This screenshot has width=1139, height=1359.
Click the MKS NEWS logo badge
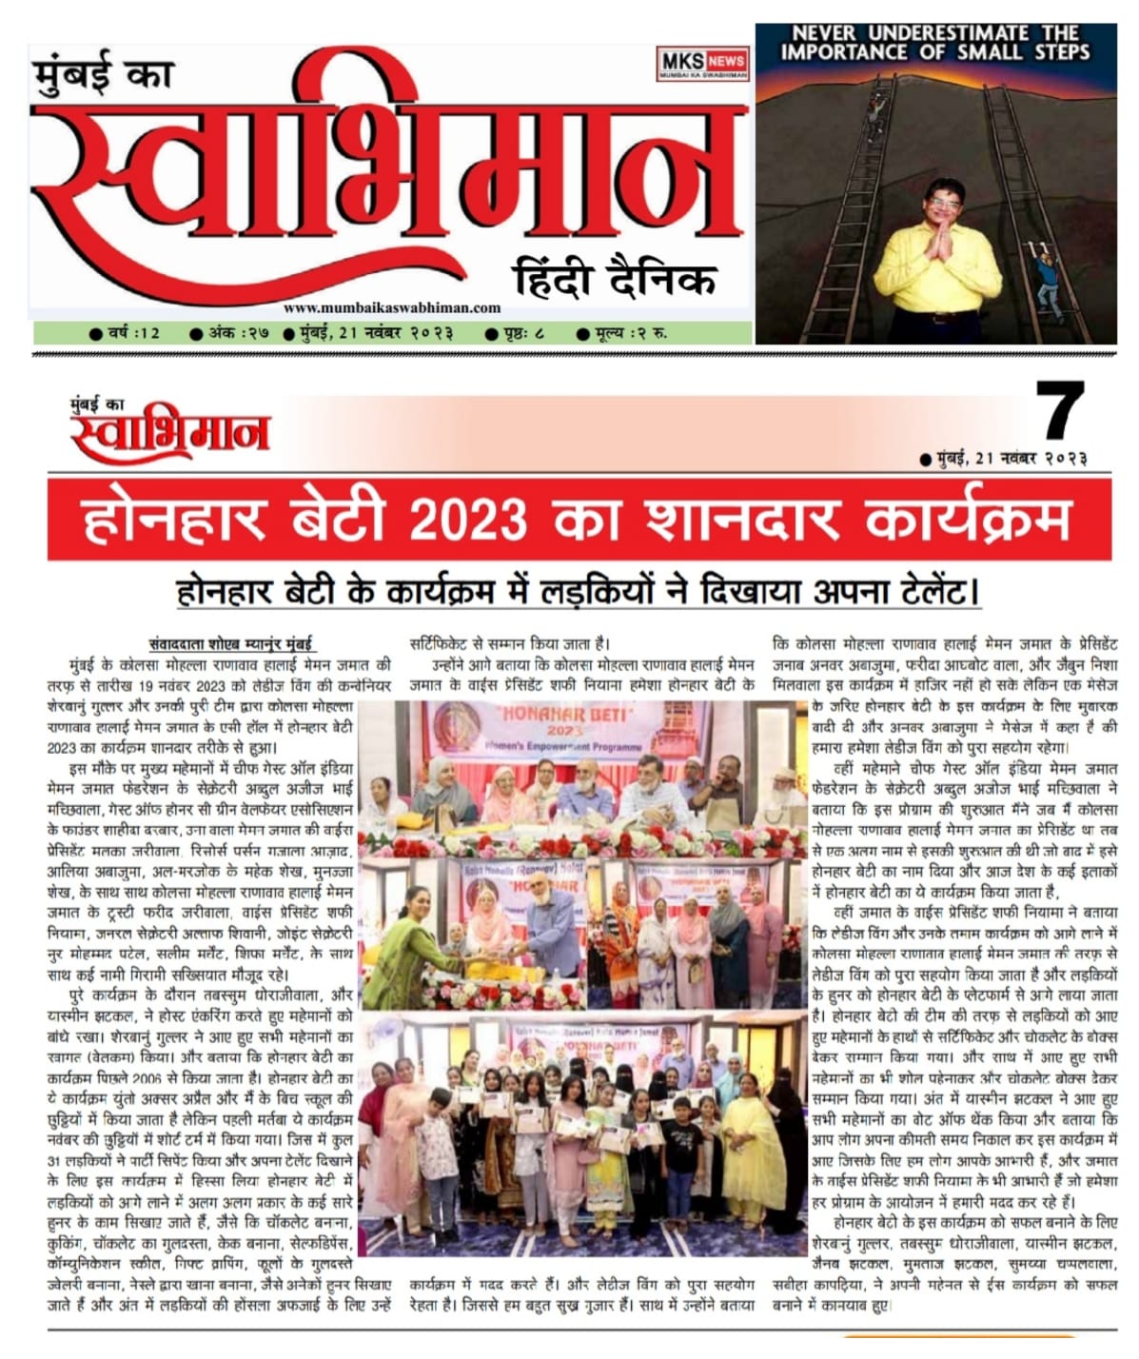pyautogui.click(x=702, y=64)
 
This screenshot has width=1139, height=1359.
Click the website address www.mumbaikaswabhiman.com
pyautogui.click(x=391, y=307)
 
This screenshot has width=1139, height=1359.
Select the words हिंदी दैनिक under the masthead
pyautogui.click(x=614, y=280)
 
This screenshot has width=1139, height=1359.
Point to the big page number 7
pyautogui.click(x=1059, y=411)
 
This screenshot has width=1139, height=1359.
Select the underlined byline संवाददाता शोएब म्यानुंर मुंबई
pyautogui.click(x=231, y=642)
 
